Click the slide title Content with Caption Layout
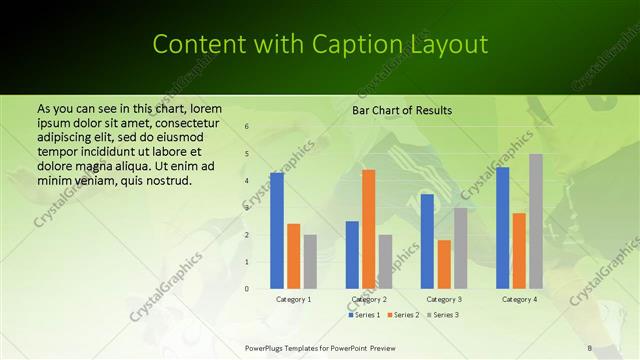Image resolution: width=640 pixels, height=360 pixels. point(320,45)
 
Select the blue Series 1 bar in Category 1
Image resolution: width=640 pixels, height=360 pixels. point(277,231)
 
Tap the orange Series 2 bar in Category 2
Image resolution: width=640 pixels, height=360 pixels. point(368,229)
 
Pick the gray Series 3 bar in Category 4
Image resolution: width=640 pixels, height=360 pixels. point(536,221)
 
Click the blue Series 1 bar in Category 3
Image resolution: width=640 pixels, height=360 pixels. point(427,241)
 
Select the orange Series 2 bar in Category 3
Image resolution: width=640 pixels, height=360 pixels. point(444,264)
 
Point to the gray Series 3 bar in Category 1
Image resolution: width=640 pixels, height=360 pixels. point(310,261)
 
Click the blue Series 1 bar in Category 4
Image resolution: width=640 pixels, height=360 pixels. point(502,228)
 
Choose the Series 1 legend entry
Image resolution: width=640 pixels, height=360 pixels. point(365,315)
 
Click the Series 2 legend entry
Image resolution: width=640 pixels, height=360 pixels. point(403,315)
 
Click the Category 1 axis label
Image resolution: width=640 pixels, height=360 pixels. point(293,299)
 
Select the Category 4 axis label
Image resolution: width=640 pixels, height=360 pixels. point(519,299)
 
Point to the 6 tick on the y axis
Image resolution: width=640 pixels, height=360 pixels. point(247,127)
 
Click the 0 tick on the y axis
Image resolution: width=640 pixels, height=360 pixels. point(247,289)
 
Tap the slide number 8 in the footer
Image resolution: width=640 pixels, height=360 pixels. point(590,347)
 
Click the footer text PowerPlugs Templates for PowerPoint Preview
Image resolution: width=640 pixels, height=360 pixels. point(321,347)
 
